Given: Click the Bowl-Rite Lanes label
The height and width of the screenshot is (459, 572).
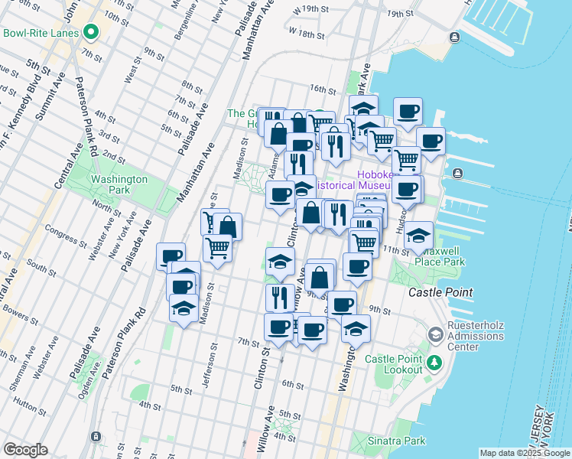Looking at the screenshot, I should [41, 33].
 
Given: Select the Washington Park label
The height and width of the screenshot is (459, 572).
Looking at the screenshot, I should [119, 184].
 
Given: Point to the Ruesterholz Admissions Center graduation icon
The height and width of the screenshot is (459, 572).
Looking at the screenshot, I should [434, 334].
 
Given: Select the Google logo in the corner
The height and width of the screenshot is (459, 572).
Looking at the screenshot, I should [26, 450].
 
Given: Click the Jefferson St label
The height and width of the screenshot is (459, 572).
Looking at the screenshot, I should [209, 366].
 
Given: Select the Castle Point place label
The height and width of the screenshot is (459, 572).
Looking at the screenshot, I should [440, 292].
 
